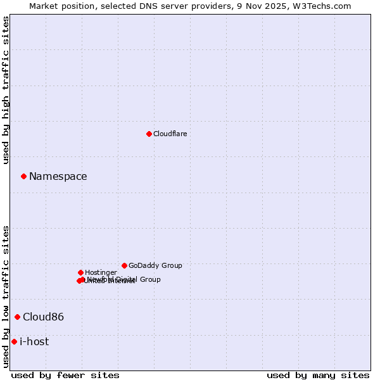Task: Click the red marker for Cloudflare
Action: pos(149,134)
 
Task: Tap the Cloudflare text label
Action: pos(170,134)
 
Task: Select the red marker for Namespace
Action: pos(23,176)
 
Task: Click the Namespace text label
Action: pos(58,177)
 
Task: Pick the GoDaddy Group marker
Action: pos(124,265)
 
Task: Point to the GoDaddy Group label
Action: pos(155,266)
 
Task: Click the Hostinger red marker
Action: pos(80,272)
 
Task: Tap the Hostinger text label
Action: pos(101,273)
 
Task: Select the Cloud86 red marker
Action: pos(17,317)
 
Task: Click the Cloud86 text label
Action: pos(43,317)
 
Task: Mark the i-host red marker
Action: pos(14,341)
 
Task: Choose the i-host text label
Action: pos(34,342)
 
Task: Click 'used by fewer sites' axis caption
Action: pos(65,375)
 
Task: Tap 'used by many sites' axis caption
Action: pos(318,375)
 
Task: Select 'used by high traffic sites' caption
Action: pos(6,91)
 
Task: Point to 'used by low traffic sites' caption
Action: pos(6,296)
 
